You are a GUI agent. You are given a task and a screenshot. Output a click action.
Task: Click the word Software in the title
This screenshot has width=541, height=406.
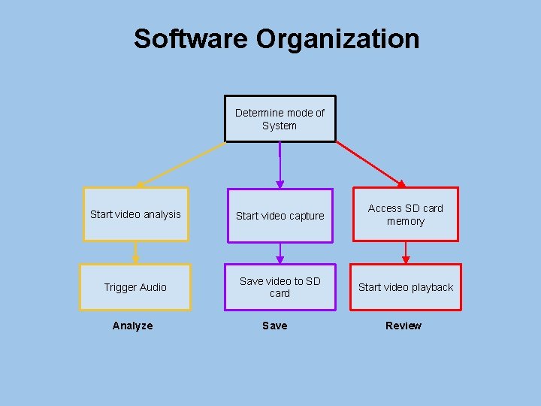192,38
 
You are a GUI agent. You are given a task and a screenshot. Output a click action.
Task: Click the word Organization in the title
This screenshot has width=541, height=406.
337,38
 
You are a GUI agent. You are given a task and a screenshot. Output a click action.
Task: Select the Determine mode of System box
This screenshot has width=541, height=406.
280,119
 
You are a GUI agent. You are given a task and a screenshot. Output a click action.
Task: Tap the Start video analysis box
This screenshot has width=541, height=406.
135,214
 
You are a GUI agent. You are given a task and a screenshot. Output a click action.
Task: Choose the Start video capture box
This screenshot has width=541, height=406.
280,216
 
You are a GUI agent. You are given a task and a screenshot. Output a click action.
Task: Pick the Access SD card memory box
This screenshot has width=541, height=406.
406,214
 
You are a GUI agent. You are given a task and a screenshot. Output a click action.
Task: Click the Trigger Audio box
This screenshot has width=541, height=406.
135,287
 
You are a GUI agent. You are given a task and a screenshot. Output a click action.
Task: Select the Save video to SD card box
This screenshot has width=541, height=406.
280,287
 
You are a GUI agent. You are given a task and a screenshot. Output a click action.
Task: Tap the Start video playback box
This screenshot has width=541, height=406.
406,287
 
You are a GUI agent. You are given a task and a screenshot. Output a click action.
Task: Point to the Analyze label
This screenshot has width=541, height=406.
132,326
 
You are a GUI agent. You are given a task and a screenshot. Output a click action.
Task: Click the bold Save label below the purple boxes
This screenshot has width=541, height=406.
274,326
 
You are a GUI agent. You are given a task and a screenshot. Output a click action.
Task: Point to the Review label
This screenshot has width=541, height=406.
403,326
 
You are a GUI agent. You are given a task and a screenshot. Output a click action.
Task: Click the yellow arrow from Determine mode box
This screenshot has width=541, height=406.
180,164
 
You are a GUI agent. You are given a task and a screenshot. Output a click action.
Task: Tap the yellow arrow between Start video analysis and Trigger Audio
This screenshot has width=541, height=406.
135,253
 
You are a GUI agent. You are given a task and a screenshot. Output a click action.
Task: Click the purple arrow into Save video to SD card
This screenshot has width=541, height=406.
280,253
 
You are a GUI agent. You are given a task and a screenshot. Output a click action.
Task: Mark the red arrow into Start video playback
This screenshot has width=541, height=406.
406,253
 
